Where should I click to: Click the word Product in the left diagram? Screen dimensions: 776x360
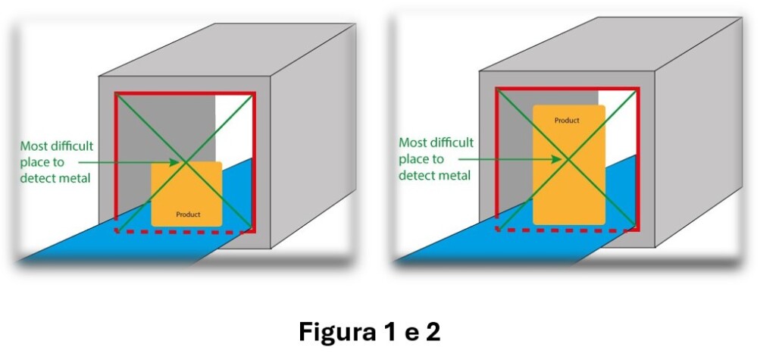click(188, 214)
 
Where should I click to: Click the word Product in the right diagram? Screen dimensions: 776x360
click(567, 121)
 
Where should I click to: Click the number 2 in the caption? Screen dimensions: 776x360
click(431, 332)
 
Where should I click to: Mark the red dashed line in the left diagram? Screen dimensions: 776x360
click(183, 231)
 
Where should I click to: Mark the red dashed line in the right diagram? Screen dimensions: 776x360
click(565, 230)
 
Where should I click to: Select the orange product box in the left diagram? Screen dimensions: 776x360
click(186, 194)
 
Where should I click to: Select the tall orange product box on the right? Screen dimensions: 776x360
click(568, 165)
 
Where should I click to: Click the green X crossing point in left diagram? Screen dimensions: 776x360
click(185, 162)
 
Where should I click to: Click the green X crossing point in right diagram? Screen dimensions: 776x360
click(567, 159)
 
